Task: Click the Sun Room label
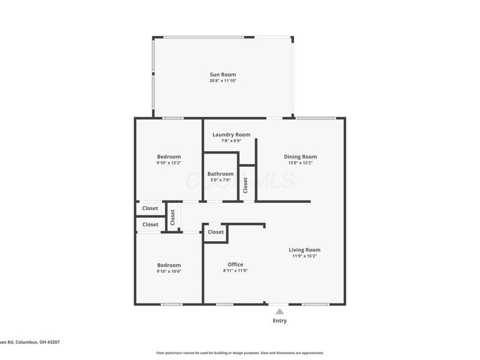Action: click(x=223, y=75)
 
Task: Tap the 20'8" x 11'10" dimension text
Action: click(x=223, y=81)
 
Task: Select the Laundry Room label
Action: click(x=231, y=135)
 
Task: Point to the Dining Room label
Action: click(x=300, y=157)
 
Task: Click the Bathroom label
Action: click(x=220, y=174)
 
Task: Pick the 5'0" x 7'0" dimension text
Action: click(x=220, y=180)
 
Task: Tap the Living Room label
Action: click(x=304, y=250)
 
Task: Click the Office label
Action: click(x=235, y=265)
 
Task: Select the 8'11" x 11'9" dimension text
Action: click(x=235, y=271)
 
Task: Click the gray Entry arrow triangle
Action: click(x=280, y=311)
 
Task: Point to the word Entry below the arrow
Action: click(x=280, y=321)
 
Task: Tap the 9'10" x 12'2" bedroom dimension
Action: click(x=169, y=163)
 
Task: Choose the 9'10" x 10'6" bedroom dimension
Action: click(x=169, y=271)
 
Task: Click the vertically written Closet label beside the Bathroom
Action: click(x=245, y=184)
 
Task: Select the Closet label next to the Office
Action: click(x=216, y=232)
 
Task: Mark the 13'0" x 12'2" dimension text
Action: click(x=300, y=163)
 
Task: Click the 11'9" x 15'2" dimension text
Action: click(x=304, y=256)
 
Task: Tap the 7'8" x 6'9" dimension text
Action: click(x=231, y=141)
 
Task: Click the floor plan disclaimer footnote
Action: click(x=240, y=353)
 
